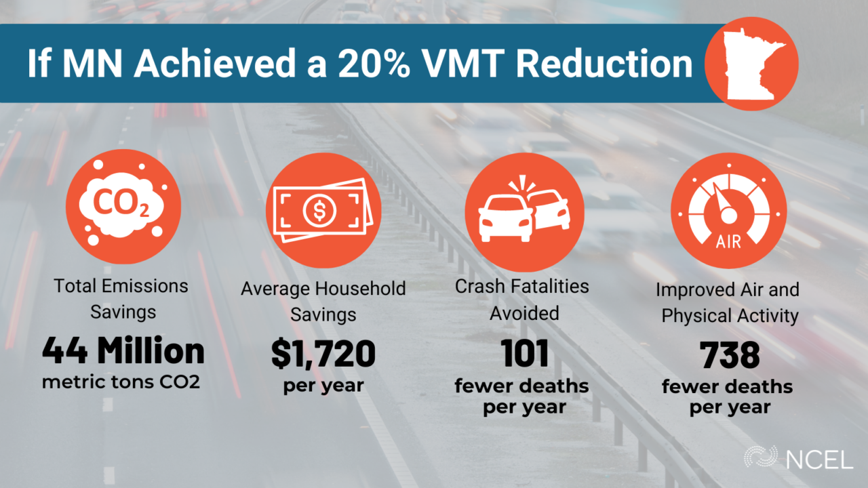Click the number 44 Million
click(123, 351)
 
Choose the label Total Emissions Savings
click(123, 299)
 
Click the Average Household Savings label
click(323, 302)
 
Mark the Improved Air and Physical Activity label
click(728, 303)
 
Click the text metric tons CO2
click(123, 382)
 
